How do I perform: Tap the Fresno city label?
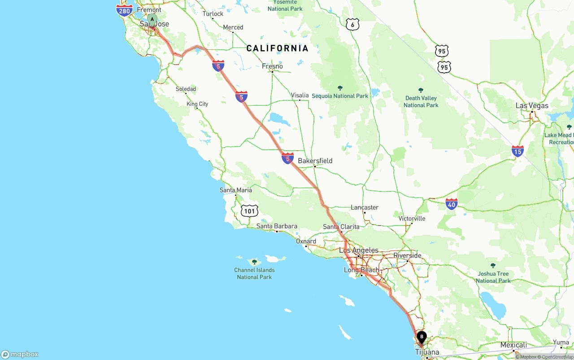point(272,66)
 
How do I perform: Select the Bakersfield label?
point(315,160)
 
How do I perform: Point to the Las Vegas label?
point(532,106)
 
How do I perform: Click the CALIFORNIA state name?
point(277,48)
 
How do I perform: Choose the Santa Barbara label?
point(277,226)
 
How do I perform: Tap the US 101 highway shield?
point(249,211)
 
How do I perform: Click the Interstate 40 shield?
point(452,204)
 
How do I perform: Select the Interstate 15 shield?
point(517,151)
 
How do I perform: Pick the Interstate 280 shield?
point(124,10)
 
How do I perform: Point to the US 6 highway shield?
point(352,25)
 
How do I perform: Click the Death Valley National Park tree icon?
point(421,91)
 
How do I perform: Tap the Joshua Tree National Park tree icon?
point(493,266)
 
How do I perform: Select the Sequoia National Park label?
point(340,96)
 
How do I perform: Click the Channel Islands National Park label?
point(254,273)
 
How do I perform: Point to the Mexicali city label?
point(513,345)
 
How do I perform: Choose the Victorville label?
point(412,219)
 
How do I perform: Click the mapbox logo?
point(20,354)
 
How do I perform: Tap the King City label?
point(197,104)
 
